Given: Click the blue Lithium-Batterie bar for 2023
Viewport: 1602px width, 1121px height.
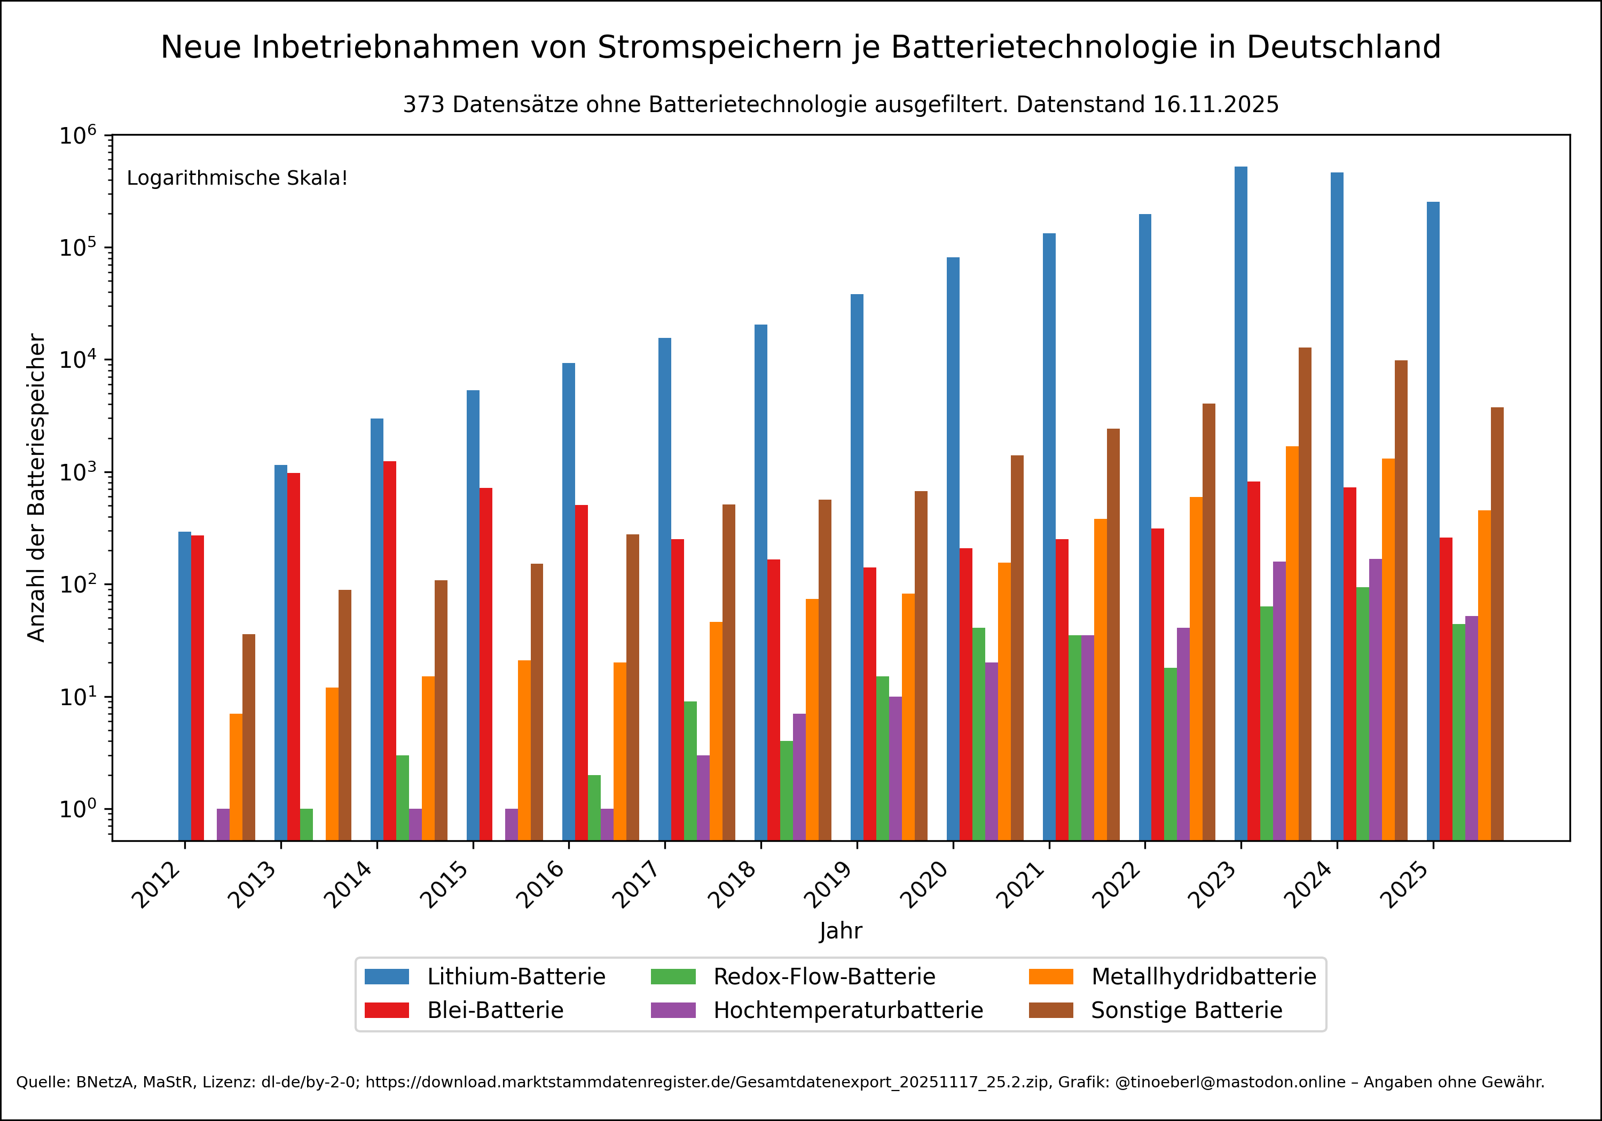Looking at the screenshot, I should (x=1240, y=502).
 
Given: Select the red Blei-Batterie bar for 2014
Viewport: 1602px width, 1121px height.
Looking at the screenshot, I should (x=389, y=649).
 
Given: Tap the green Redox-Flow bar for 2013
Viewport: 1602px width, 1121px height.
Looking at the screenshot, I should (x=307, y=825).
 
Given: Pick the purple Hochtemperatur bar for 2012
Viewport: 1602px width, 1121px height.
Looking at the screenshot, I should (x=223, y=825).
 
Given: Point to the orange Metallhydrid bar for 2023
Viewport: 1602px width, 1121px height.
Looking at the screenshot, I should (x=1292, y=642).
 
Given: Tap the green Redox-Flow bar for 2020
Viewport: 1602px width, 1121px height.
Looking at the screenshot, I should (x=978, y=733).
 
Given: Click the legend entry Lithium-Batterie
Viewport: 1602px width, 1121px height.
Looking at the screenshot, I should (x=516, y=976).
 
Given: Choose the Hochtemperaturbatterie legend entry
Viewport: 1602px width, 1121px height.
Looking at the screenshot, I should (x=848, y=1010).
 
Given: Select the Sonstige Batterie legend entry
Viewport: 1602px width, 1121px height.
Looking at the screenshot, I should (x=1186, y=1010).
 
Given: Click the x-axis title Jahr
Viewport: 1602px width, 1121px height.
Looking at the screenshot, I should (x=840, y=930).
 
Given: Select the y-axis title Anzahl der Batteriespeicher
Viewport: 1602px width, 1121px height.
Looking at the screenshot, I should (x=36, y=487).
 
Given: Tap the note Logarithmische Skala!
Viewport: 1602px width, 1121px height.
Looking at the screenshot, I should (x=237, y=178).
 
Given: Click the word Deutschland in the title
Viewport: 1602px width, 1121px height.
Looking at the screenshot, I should (x=1343, y=48).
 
